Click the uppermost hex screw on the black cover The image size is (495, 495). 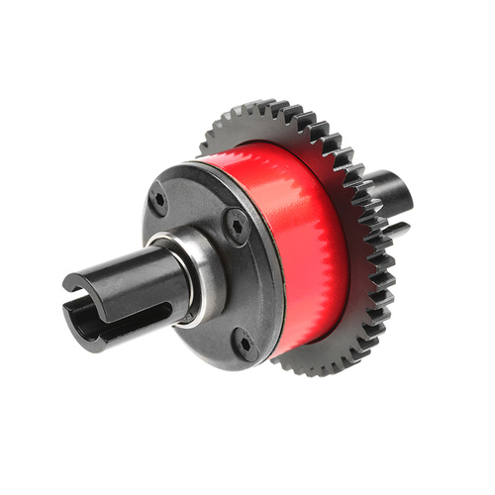pyautogui.click(x=158, y=197)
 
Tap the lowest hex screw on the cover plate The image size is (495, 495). pyautogui.click(x=245, y=343)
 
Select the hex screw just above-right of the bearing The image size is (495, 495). pyautogui.click(x=235, y=227)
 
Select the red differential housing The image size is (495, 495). pyautogui.click(x=297, y=238)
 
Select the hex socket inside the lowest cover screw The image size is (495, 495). pyautogui.click(x=245, y=343)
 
